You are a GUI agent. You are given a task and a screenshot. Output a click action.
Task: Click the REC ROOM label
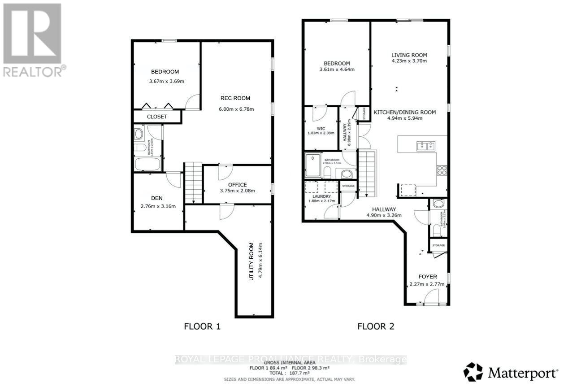pyautogui.click(x=235, y=98)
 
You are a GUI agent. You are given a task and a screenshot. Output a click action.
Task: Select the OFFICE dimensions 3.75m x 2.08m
pyautogui.click(x=237, y=191)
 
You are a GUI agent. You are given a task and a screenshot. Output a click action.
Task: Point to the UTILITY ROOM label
pyautogui.click(x=251, y=261)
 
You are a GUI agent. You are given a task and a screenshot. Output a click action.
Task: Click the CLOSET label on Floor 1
pyautogui.click(x=157, y=117)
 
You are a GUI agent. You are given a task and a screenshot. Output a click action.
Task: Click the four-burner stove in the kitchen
pyautogui.click(x=442, y=170)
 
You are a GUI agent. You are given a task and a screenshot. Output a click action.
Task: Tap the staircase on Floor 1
pyautogui.click(x=193, y=183)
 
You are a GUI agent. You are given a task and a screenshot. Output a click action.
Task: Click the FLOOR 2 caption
pyautogui.click(x=376, y=326)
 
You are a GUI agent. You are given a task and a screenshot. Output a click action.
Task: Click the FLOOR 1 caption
pyautogui.click(x=203, y=326)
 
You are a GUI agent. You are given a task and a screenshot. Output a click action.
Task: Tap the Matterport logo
pyautogui.click(x=511, y=372)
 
